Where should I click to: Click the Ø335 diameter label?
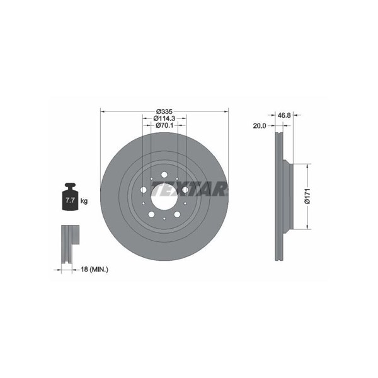coord(164,112)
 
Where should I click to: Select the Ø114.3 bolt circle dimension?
coord(164,118)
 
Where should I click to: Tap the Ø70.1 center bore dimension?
coord(164,125)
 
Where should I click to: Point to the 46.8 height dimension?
coord(284,115)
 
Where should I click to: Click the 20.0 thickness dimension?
coord(260,125)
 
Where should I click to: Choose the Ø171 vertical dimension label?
coord(307,196)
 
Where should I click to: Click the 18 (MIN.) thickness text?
coord(94,270)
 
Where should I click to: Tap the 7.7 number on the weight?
coord(70,200)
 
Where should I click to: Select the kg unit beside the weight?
coord(84,200)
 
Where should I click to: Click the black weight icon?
coord(70,197)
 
